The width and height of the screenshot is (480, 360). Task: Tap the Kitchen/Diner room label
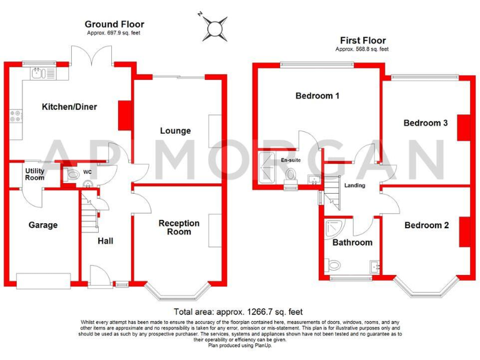pyautogui.click(x=69, y=107)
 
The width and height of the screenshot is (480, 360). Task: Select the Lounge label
pyautogui.click(x=175, y=131)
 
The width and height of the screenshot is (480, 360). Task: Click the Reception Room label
pyautogui.click(x=179, y=227)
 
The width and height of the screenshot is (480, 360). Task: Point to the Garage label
pyautogui.click(x=42, y=225)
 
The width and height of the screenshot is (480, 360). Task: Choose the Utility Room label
pyautogui.click(x=35, y=174)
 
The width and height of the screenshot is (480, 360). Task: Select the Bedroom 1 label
pyautogui.click(x=317, y=96)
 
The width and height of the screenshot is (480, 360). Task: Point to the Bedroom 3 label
pyautogui.click(x=425, y=123)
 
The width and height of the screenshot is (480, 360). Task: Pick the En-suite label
pyautogui.click(x=290, y=161)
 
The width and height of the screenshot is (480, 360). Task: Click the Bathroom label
pyautogui.click(x=352, y=242)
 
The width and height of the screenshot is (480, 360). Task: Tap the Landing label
pyautogui.click(x=354, y=186)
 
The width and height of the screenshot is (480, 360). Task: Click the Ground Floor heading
pyautogui.click(x=114, y=24)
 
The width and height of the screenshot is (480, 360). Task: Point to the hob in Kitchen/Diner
pyautogui.click(x=15, y=116)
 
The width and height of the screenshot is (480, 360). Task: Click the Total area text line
pyautogui.click(x=238, y=312)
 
